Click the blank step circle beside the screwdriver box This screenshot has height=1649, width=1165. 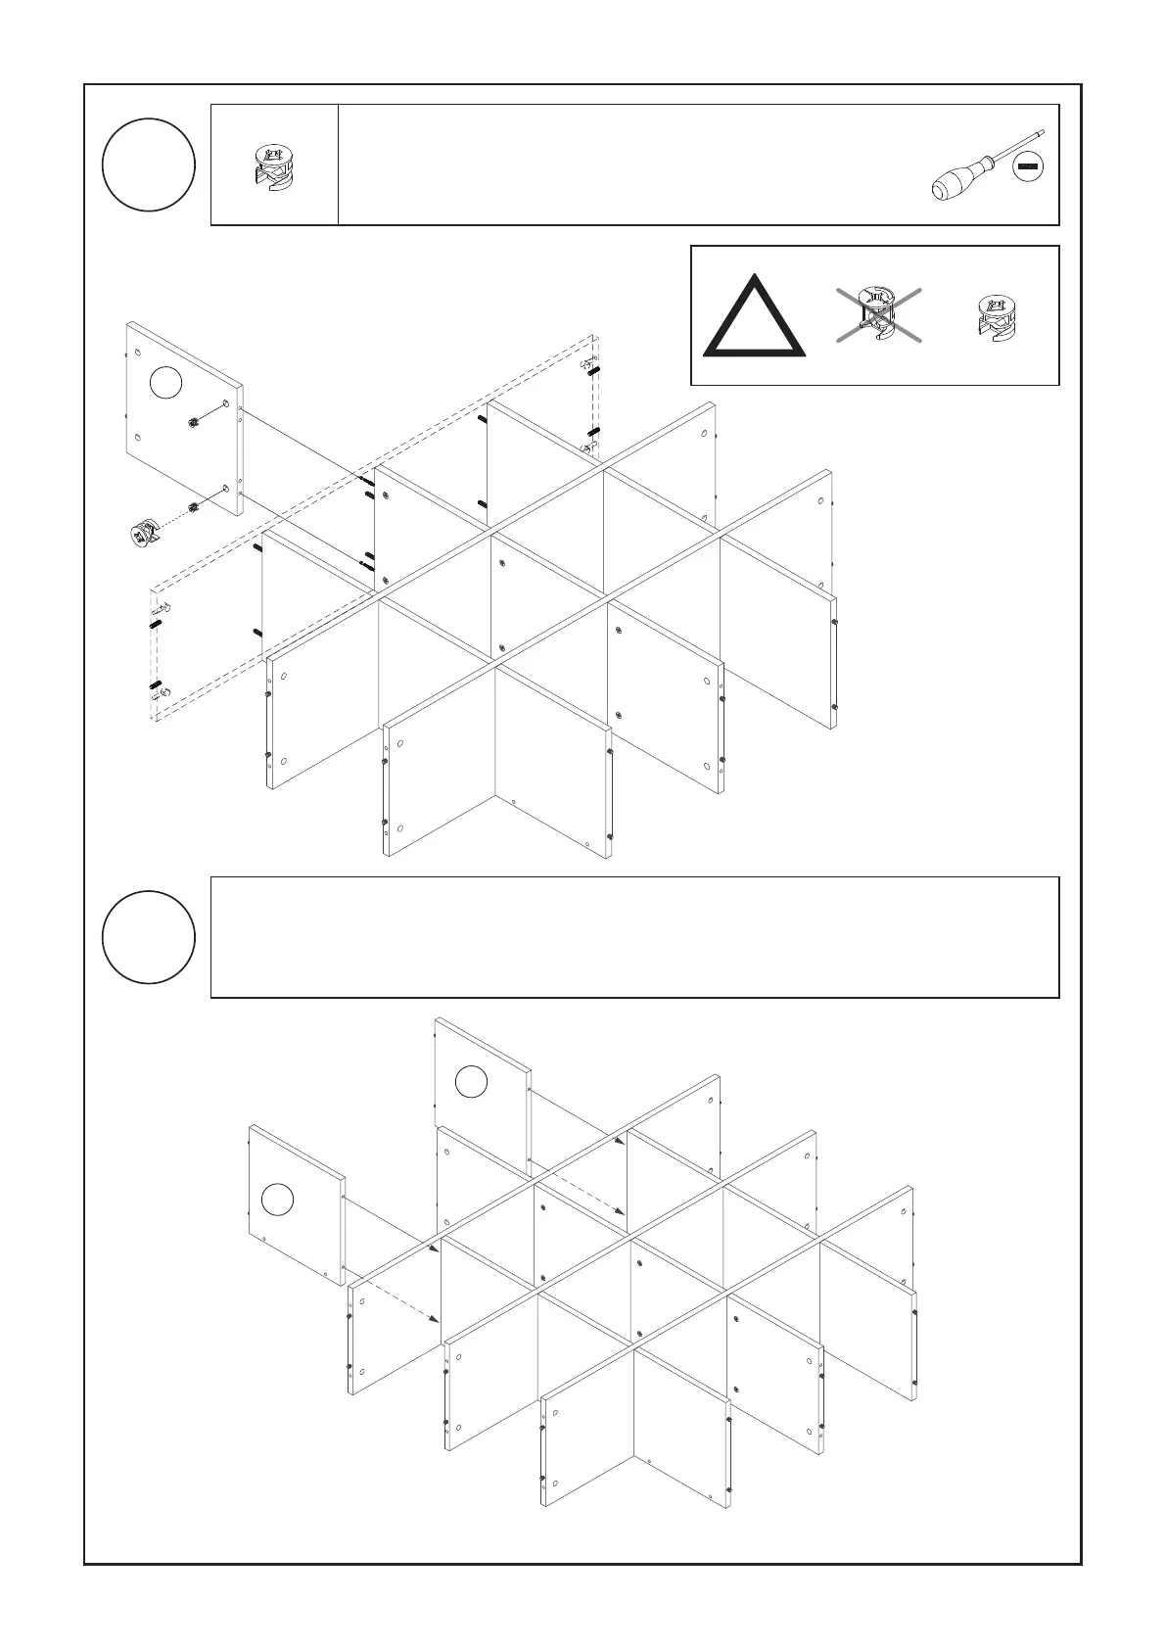coord(149,165)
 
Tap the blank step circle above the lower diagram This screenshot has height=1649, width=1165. coord(149,936)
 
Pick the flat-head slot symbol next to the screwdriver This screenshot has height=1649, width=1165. coord(1028,168)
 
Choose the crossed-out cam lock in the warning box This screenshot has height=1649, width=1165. coord(878,313)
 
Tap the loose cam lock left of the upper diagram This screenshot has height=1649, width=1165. coord(144,532)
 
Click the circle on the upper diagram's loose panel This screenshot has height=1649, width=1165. coord(166,383)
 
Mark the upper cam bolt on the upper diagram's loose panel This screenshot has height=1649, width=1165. coord(194,422)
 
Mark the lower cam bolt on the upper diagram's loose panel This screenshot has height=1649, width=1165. coord(194,506)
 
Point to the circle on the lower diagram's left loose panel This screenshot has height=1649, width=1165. coord(277,1199)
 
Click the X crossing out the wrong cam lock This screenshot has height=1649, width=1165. coord(878,315)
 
